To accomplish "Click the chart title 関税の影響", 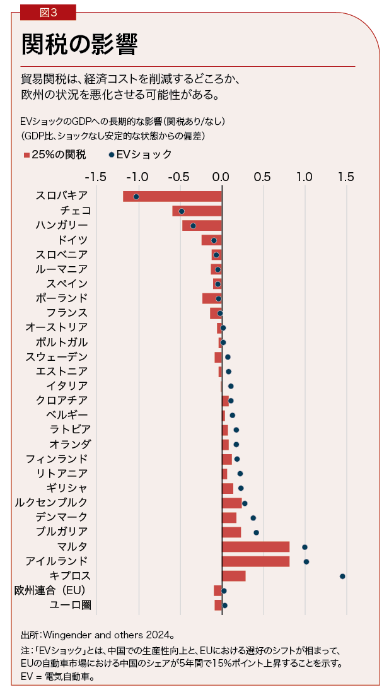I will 79,44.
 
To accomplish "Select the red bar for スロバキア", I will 172,196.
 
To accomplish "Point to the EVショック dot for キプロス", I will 342,576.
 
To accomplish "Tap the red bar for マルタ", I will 255,547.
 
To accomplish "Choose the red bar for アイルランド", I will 255,561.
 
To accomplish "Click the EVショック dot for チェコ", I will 182,211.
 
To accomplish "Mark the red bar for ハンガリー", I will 202,226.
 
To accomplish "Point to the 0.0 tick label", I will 221,177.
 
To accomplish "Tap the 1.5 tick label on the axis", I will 346,177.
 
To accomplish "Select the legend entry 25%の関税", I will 55,155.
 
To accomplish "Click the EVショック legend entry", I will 140,155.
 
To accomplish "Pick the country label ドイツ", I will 73,240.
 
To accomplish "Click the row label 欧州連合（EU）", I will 50,591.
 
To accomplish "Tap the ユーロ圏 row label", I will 70,606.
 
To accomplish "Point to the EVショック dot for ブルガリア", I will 256,532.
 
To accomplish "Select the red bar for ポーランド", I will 212,298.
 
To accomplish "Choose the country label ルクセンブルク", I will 51,503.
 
